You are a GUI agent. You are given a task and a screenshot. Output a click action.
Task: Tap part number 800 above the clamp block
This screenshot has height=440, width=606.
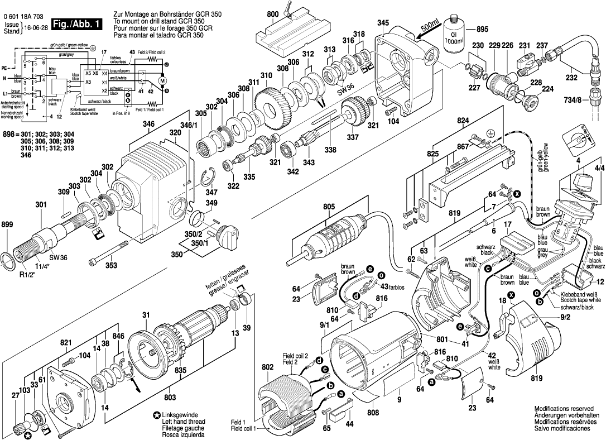click(x=273, y=14)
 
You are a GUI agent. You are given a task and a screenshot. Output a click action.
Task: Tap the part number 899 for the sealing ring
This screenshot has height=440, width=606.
click(x=10, y=226)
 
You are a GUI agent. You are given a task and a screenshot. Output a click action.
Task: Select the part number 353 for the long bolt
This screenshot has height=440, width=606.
click(x=111, y=265)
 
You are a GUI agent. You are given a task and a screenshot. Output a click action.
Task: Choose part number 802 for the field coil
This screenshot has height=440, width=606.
click(x=267, y=366)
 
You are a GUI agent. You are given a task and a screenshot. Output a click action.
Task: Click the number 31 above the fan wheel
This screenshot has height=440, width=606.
click(x=145, y=315)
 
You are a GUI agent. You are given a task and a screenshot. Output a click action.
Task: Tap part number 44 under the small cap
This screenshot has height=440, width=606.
click(x=349, y=424)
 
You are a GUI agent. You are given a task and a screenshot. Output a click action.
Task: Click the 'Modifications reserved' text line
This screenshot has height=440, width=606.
click(x=566, y=409)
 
